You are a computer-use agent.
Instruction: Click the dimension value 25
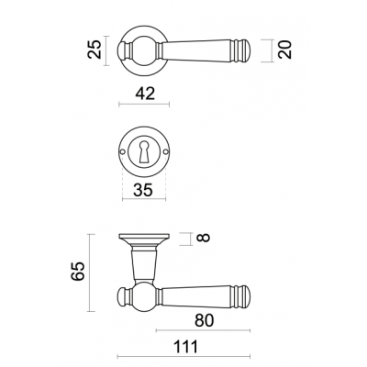(x=95, y=50)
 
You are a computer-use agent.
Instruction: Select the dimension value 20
(x=285, y=50)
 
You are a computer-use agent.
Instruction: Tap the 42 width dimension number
(x=145, y=94)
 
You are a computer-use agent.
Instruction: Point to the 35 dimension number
(x=143, y=191)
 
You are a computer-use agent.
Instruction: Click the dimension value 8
(x=205, y=238)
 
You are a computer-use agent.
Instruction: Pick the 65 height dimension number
(x=77, y=271)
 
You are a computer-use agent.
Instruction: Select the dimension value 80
(x=205, y=320)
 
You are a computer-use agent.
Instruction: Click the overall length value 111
(x=186, y=347)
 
